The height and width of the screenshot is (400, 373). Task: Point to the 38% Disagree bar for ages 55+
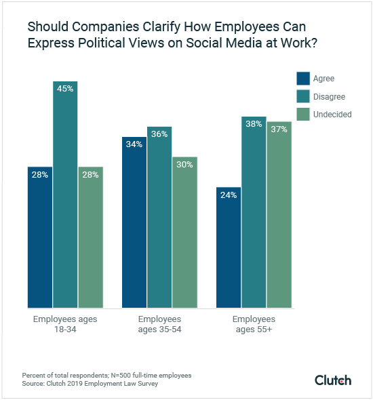click(x=254, y=211)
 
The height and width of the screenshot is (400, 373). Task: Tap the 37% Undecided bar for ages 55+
click(x=279, y=214)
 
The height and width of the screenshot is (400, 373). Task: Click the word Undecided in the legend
click(x=332, y=115)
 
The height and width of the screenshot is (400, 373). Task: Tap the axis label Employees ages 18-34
click(x=64, y=323)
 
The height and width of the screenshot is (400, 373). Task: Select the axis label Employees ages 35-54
click(x=159, y=323)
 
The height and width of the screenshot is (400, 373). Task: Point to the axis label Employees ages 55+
click(x=254, y=323)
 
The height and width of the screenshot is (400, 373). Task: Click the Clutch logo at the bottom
click(x=333, y=380)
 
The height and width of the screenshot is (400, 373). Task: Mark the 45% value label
click(x=65, y=89)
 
